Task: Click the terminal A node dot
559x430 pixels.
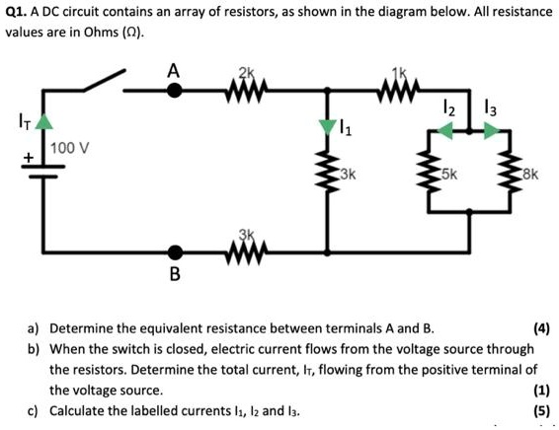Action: tap(175, 91)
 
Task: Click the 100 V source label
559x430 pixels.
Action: tap(71, 148)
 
